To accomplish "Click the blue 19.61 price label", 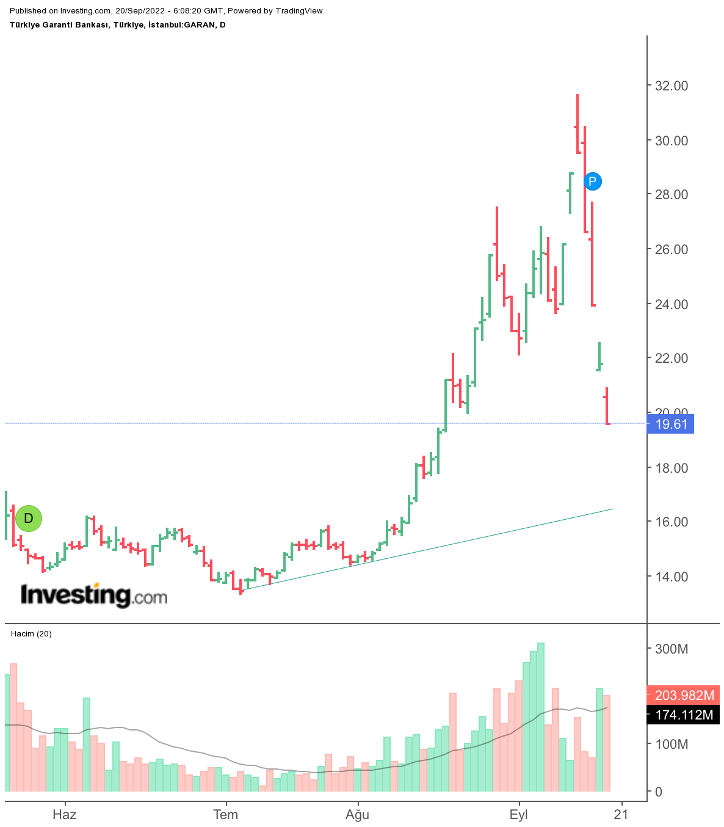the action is [670, 424].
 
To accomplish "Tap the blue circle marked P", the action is [592, 181].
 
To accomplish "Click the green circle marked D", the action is [29, 518].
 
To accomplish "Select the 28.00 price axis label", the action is [672, 194].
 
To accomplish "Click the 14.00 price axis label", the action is [672, 577].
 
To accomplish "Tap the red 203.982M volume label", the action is [683, 695].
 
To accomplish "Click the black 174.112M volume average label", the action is [683, 715].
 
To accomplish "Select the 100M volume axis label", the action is [672, 744].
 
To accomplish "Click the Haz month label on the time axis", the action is [65, 814].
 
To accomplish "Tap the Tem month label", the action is [226, 814].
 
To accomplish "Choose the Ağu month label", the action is [358, 814].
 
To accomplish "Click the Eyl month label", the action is [519, 814].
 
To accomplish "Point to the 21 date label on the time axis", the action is [621, 814].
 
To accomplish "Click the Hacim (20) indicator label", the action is [31, 634].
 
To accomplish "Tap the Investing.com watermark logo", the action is [94, 594].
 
